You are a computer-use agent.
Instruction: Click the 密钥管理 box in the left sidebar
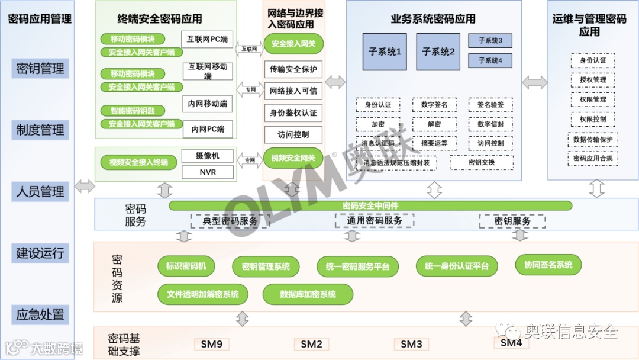[40, 69]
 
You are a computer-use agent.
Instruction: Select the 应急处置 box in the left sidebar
[40, 315]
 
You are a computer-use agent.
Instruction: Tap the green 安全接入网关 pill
[293, 44]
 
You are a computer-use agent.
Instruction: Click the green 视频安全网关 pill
[293, 158]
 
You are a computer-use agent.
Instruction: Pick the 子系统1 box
[385, 52]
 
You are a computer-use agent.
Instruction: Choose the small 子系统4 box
[490, 60]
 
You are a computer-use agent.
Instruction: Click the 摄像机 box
[207, 156]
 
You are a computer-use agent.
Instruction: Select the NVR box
[207, 172]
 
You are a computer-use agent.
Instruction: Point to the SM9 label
[211, 344]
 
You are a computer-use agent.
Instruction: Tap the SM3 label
[411, 344]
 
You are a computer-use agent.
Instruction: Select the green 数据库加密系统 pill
[308, 294]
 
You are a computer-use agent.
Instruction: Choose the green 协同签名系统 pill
[548, 265]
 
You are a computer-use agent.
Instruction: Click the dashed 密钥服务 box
[512, 221]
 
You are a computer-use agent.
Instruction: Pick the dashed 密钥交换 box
[481, 162]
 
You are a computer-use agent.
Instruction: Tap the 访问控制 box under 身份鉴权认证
[293, 134]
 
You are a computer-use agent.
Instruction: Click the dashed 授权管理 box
[592, 80]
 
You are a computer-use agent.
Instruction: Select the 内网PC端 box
[207, 128]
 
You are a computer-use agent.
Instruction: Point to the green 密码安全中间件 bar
[370, 205]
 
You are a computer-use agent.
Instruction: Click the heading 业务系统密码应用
[433, 19]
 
